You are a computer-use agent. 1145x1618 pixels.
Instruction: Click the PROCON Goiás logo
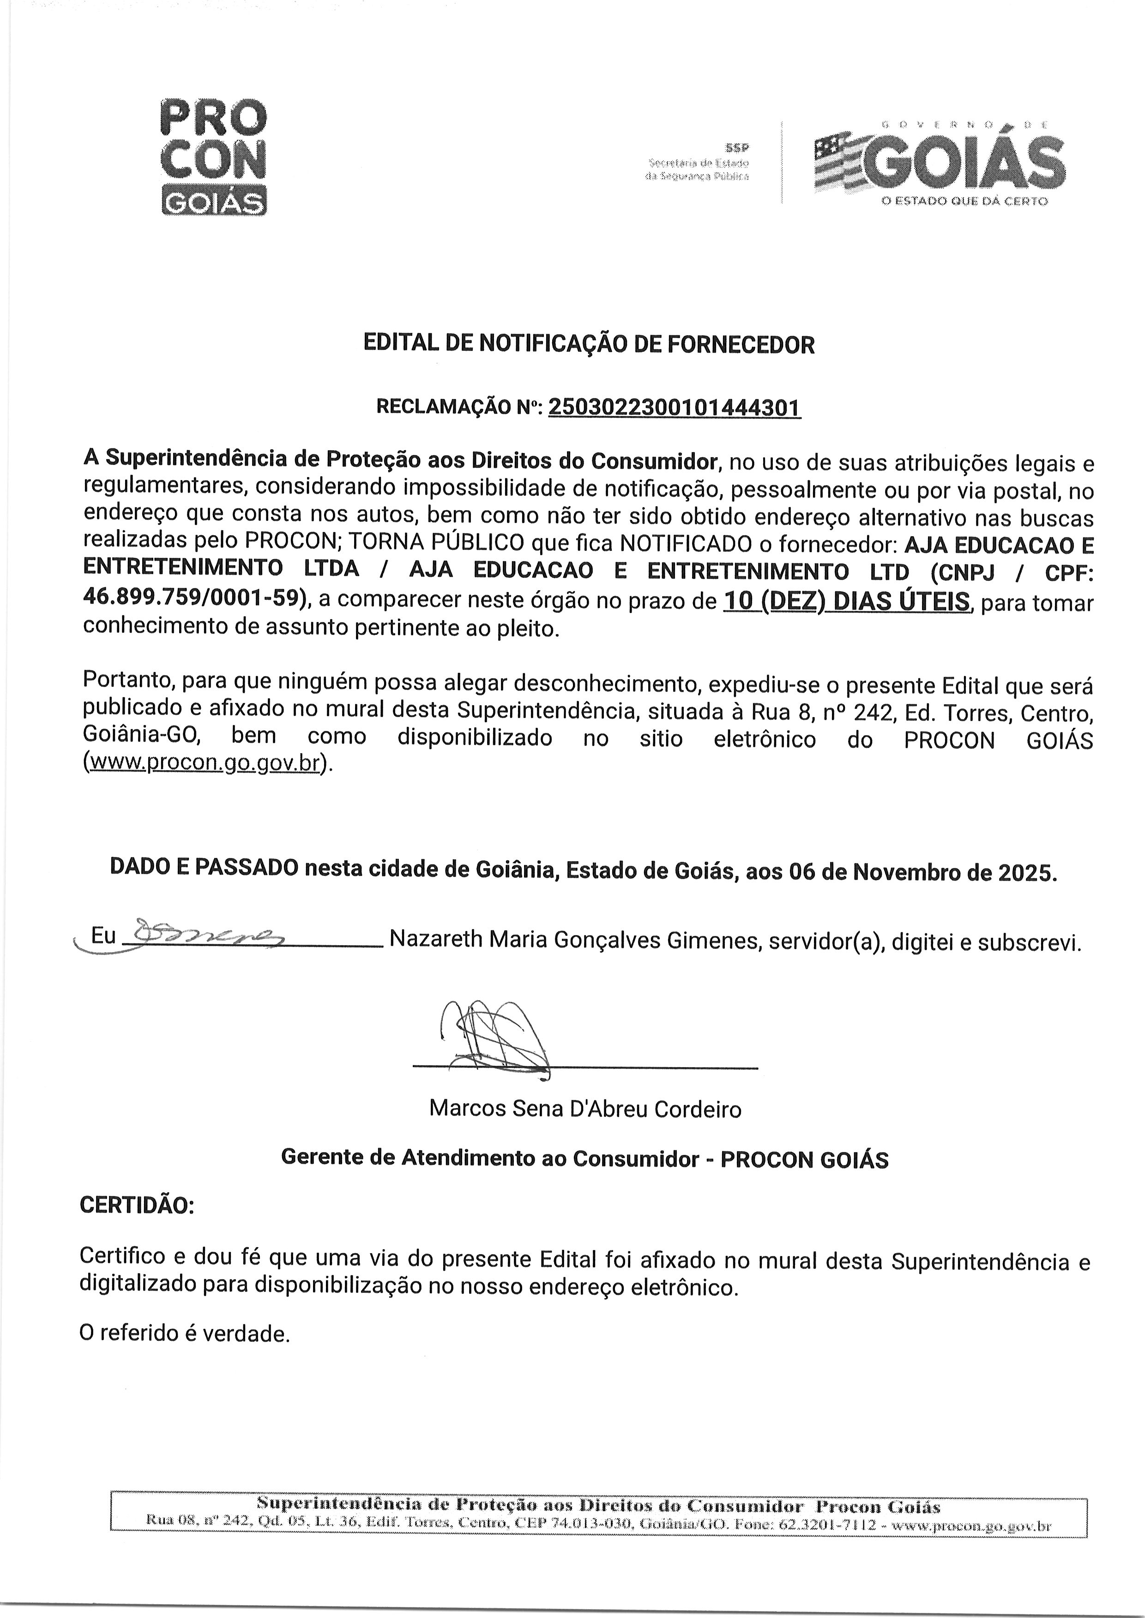tap(214, 157)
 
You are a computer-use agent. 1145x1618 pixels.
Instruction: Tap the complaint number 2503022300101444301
tap(674, 407)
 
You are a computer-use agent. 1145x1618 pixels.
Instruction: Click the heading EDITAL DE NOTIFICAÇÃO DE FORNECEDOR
tap(589, 344)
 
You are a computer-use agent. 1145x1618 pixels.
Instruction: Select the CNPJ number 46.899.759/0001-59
tap(194, 598)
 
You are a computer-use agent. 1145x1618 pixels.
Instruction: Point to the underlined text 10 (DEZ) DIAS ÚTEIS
tap(847, 601)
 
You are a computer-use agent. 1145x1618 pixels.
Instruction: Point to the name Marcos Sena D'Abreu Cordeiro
tap(585, 1109)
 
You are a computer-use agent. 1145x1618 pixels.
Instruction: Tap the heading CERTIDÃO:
tap(137, 1205)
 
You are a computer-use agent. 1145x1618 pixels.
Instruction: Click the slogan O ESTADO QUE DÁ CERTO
tap(964, 201)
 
